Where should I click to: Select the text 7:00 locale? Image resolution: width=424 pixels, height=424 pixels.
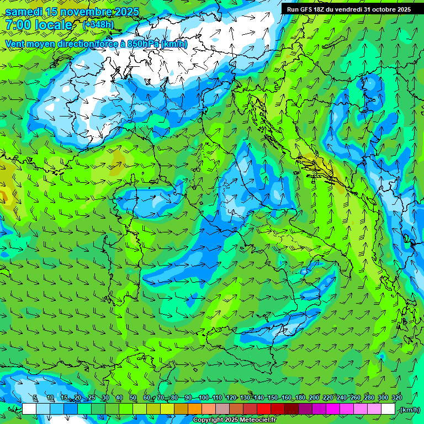click(39, 25)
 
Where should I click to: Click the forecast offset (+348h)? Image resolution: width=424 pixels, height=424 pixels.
click(98, 25)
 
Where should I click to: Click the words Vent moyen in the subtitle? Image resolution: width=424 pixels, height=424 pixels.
click(28, 44)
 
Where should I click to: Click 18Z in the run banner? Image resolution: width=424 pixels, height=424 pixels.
click(320, 9)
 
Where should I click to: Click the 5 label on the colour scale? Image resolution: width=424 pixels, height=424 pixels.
click(35, 398)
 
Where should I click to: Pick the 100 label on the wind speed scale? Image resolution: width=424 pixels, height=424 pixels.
click(203, 398)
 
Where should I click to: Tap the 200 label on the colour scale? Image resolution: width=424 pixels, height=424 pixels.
click(314, 398)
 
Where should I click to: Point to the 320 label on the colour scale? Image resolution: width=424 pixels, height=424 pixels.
click(397, 398)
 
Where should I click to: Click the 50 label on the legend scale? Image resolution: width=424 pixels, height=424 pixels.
click(133, 398)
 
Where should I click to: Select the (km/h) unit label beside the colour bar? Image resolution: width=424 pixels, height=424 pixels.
click(410, 410)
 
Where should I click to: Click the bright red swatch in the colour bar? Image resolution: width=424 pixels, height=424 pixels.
click(264, 409)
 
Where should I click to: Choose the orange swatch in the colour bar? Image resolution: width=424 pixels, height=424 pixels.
click(195, 409)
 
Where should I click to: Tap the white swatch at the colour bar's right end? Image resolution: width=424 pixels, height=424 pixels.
click(388, 409)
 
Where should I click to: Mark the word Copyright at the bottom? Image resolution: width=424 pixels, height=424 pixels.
click(208, 420)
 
